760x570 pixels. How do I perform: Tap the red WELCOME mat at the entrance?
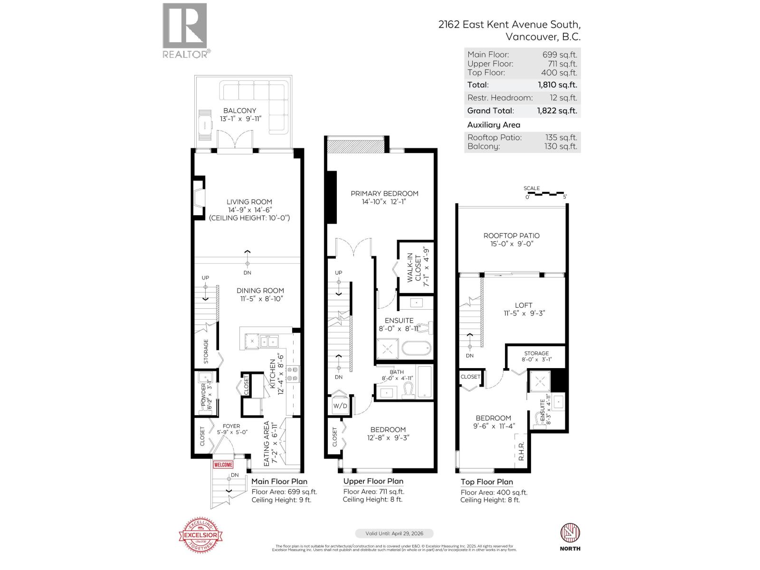[x=223, y=465]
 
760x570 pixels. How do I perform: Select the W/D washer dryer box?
[x=340, y=406]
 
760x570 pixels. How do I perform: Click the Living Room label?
[x=249, y=202]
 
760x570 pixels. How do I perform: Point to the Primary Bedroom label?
[x=384, y=193]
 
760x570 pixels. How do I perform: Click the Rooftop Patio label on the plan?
[x=511, y=236]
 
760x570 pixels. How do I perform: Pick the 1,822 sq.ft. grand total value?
[x=557, y=111]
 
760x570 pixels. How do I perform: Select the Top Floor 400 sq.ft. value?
[x=559, y=73]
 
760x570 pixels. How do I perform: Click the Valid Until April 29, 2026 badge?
[x=394, y=533]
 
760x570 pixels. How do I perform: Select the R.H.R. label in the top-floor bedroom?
[x=522, y=452]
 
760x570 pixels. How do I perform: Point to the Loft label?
[x=523, y=305]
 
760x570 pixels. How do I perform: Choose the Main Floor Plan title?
[x=279, y=481]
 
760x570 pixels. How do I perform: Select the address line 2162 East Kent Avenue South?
[x=509, y=25]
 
